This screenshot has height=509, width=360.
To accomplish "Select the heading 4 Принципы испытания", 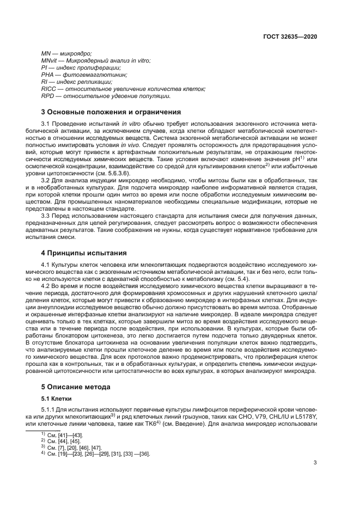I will [x=84, y=253].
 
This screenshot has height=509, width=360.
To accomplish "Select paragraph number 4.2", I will [x=46, y=286].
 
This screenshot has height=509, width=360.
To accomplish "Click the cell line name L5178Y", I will [x=305, y=416].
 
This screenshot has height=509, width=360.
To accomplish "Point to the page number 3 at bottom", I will [x=315, y=463].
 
